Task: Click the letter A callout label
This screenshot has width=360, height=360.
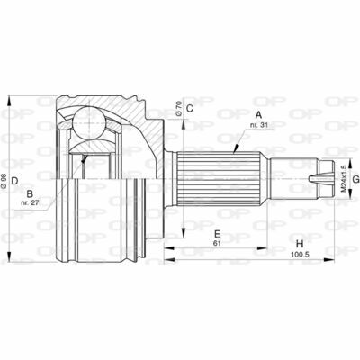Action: [x=258, y=115]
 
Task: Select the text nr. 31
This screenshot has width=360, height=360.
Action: [x=260, y=125]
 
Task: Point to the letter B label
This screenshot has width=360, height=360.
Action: [x=30, y=193]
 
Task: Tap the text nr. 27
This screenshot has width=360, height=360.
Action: [x=30, y=203]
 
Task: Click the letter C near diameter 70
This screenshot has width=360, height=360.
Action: [x=189, y=108]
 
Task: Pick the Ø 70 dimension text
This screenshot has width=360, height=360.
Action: [x=178, y=109]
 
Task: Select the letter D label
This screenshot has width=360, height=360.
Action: [x=15, y=181]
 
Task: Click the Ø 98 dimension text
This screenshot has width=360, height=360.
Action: [x=4, y=181]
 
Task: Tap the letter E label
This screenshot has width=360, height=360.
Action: [x=218, y=233]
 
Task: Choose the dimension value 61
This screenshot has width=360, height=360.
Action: [x=217, y=243]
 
